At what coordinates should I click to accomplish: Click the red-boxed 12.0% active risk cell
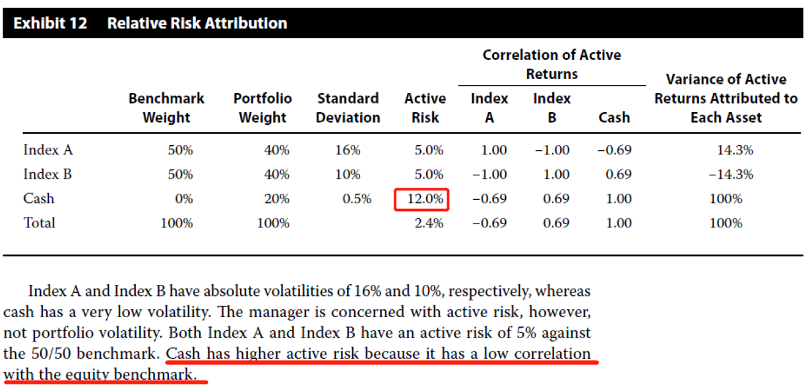coord(422,199)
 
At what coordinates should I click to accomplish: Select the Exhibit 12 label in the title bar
coord(50,24)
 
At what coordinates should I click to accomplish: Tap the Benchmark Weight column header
coord(166,108)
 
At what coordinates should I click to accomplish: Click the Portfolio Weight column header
coord(263,108)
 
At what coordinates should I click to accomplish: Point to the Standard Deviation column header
coord(348,108)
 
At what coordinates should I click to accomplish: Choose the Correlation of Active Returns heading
coord(551,65)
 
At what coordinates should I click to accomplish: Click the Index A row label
coord(48,150)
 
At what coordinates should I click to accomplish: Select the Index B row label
coord(47,175)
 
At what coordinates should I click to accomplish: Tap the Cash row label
coord(39,199)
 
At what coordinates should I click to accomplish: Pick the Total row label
coord(40,224)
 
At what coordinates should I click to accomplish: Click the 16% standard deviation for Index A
coord(348,150)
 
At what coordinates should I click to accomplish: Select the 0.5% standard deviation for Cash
coord(357,199)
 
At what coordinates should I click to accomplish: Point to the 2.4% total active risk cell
coord(429,224)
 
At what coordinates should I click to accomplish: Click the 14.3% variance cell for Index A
coord(735,150)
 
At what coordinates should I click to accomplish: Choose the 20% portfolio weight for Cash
coord(276,199)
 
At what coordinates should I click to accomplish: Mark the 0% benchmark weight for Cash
coord(183,199)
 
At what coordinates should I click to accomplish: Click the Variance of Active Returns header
coord(726,98)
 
